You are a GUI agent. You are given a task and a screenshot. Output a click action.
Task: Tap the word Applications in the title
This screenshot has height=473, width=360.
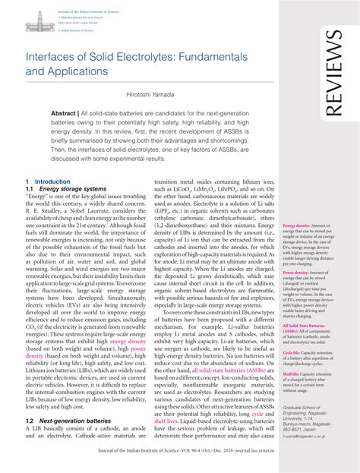[78, 72]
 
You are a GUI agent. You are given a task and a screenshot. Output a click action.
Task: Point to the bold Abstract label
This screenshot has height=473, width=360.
[66, 112]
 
